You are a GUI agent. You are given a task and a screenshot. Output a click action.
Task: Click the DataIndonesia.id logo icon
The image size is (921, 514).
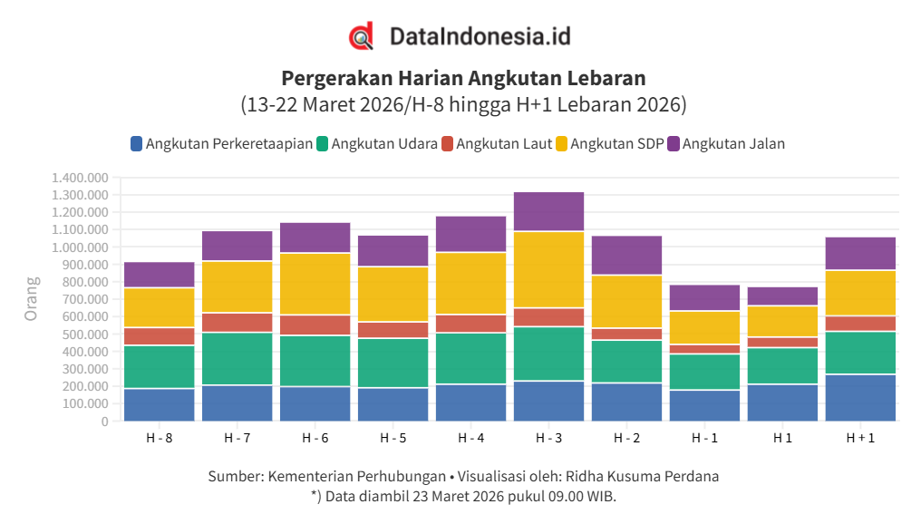click(362, 36)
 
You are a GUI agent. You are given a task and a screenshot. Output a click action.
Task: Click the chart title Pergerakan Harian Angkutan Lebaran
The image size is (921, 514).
click(463, 77)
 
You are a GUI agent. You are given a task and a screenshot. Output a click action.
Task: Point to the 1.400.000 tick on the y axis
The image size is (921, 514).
click(80, 178)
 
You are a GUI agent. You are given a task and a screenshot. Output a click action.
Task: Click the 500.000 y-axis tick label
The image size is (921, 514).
click(84, 335)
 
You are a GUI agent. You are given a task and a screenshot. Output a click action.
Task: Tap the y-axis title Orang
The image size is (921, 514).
click(32, 300)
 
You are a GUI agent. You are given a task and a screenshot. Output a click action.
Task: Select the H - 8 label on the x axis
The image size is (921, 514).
click(160, 438)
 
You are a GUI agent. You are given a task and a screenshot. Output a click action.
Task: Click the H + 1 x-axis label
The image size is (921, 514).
click(860, 438)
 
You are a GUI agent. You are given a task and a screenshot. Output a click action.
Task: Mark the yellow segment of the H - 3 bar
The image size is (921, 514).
click(548, 269)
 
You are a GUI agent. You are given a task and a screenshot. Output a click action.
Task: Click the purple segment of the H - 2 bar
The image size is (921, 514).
click(626, 255)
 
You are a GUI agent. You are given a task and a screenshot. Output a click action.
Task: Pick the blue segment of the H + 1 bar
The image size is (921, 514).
click(860, 397)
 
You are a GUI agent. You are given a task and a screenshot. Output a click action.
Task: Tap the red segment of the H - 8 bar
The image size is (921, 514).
click(160, 336)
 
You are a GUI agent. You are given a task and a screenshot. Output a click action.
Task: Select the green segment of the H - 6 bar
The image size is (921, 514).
click(315, 361)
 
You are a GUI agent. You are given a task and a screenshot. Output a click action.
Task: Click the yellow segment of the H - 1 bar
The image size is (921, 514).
click(704, 327)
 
